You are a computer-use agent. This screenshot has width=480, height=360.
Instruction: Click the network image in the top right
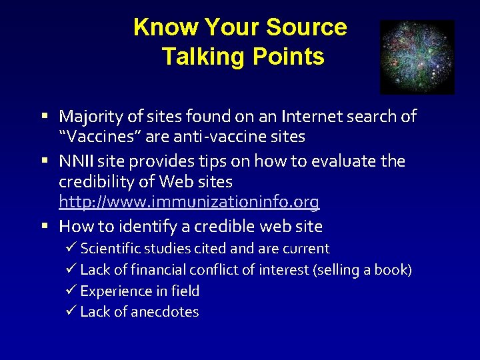[x=417, y=57]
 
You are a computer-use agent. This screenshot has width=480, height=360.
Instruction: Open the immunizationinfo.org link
[x=189, y=202]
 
